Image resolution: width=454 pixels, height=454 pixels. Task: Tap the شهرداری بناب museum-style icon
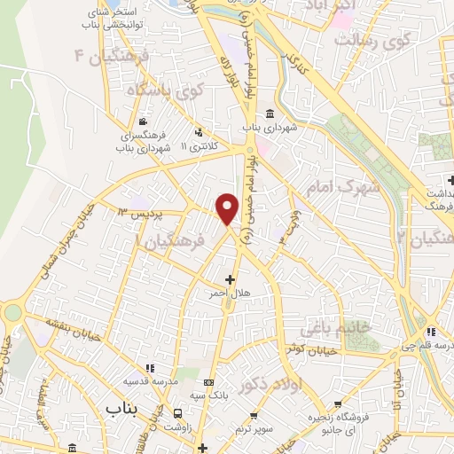click(270, 113)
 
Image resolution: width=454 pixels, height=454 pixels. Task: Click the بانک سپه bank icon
click(212, 367)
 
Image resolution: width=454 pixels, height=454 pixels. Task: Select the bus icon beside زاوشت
click(178, 413)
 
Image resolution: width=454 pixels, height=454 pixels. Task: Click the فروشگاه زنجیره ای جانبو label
click(339, 422)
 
